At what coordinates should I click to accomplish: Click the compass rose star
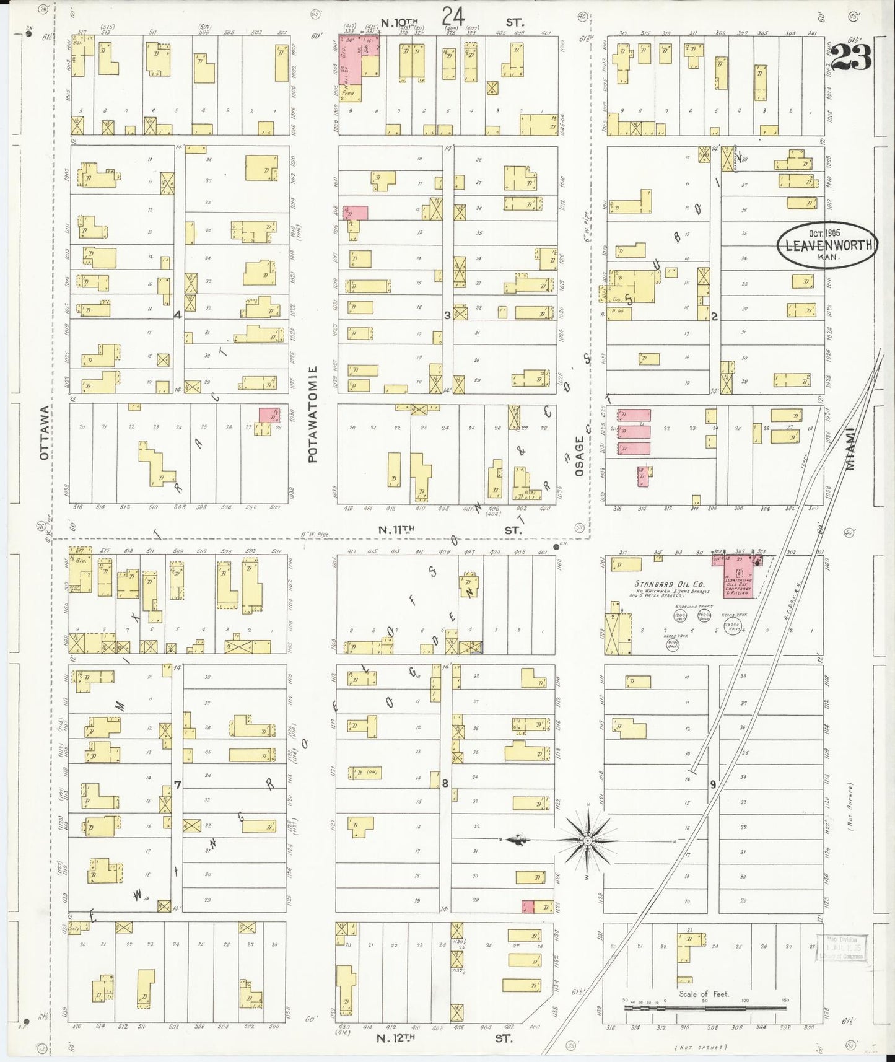click(x=587, y=840)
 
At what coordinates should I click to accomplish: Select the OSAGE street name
click(x=580, y=456)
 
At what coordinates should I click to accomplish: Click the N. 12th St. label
click(x=446, y=1038)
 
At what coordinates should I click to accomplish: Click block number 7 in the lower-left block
click(x=177, y=785)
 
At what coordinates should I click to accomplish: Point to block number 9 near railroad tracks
click(x=713, y=784)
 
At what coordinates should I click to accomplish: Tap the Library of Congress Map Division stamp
click(x=842, y=948)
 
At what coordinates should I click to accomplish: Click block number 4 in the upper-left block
click(x=177, y=315)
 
